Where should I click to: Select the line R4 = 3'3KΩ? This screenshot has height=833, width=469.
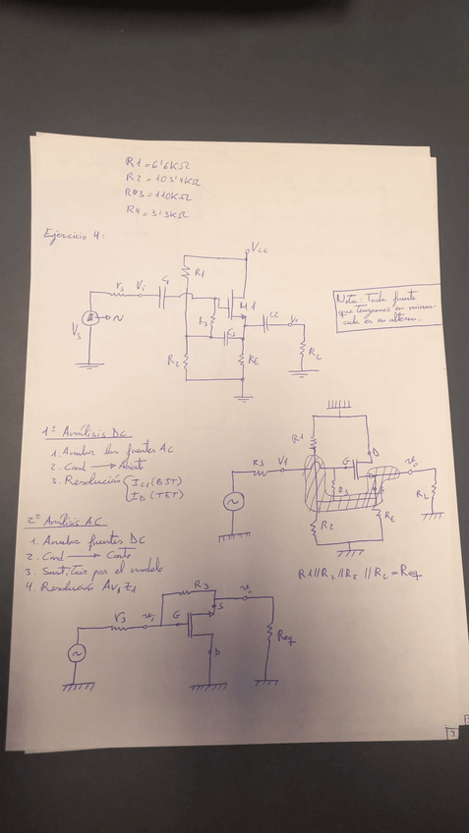click(x=157, y=211)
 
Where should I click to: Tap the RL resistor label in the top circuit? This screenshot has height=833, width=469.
click(x=313, y=352)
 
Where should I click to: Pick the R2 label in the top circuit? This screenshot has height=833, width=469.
click(x=173, y=361)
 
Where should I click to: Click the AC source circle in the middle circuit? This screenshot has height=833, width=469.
click(x=235, y=501)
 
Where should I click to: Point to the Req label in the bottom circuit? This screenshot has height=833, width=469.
click(x=286, y=639)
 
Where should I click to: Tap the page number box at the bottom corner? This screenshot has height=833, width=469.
click(x=450, y=732)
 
